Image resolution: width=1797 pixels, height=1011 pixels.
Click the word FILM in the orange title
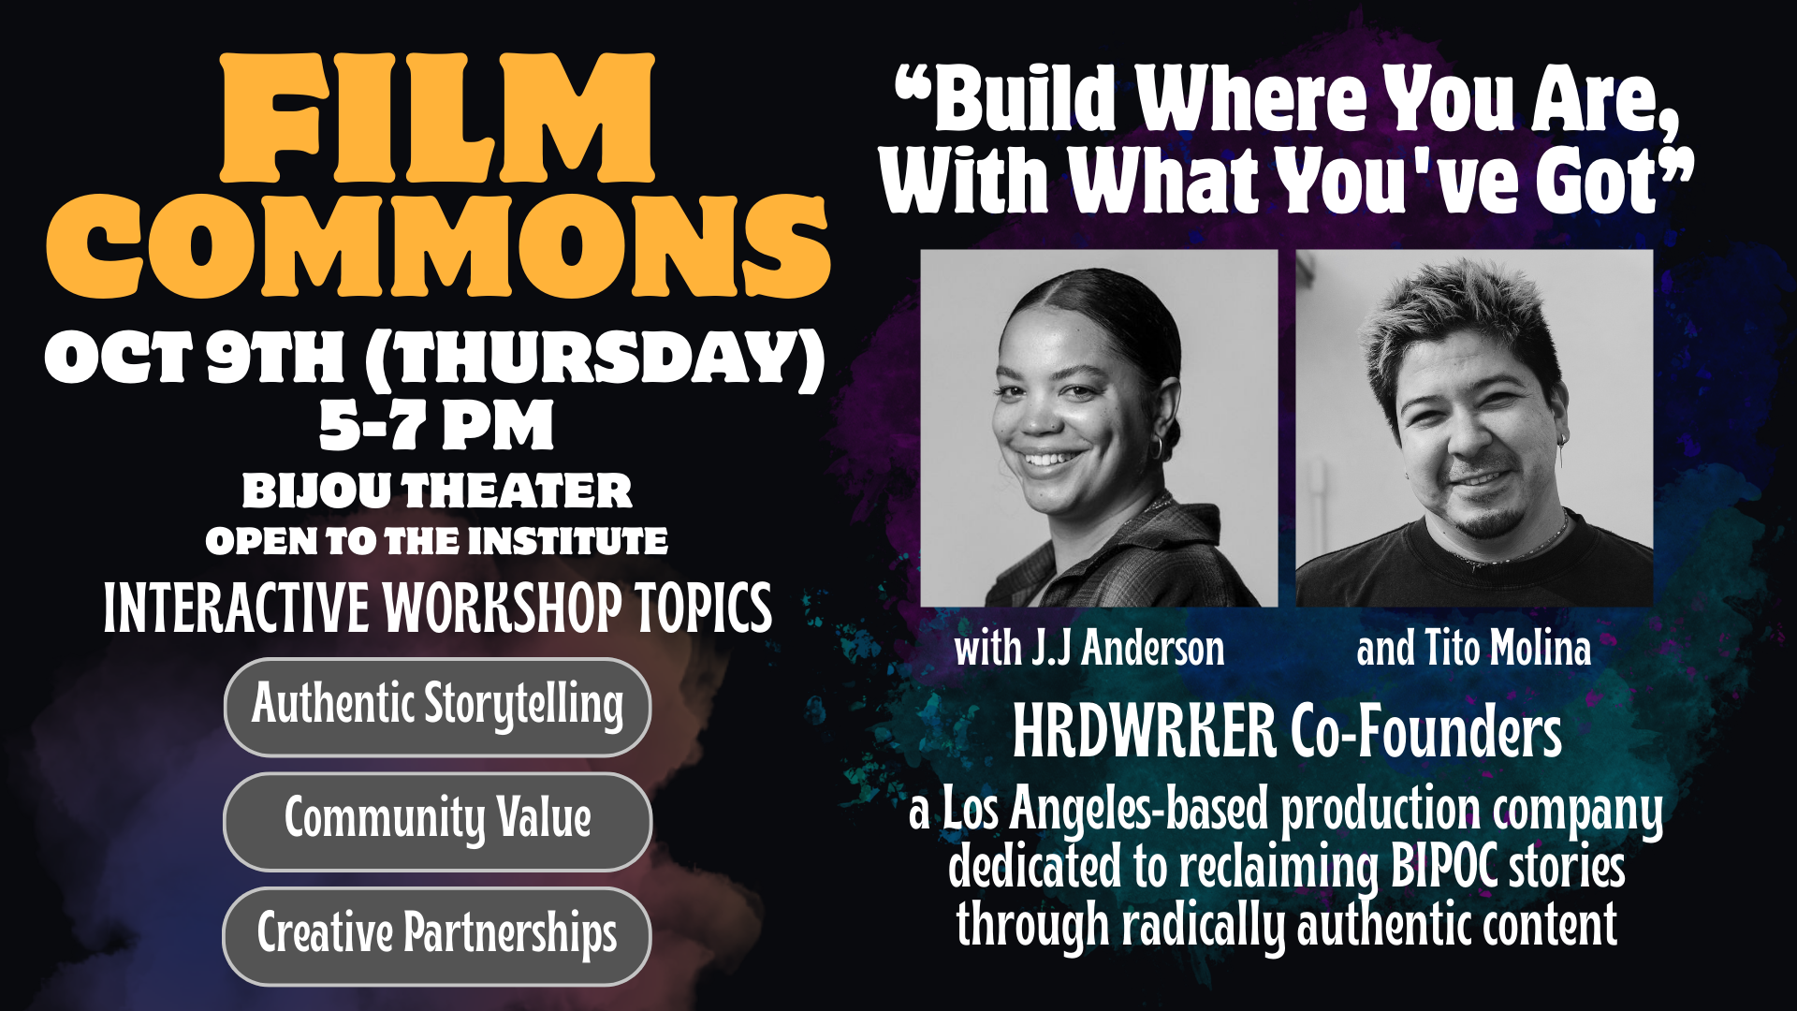click(x=437, y=119)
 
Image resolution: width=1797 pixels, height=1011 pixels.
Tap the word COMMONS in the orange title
click(x=437, y=247)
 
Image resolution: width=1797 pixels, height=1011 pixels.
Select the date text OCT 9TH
click(x=195, y=358)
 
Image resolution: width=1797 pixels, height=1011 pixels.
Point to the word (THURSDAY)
click(x=595, y=358)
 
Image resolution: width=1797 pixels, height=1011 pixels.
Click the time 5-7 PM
click(x=436, y=426)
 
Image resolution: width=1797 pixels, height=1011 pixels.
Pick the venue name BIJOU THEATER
click(x=437, y=491)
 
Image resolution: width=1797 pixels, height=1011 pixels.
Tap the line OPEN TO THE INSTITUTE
click(x=437, y=541)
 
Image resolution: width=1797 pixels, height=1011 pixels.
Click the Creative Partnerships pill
click(x=437, y=935)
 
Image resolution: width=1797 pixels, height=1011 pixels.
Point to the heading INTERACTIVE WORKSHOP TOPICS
click(x=437, y=608)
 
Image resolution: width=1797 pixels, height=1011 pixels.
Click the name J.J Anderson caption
click(x=1128, y=649)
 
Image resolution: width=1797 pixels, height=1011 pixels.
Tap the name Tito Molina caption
click(x=1507, y=649)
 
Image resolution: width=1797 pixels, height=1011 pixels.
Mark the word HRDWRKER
click(x=1144, y=732)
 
